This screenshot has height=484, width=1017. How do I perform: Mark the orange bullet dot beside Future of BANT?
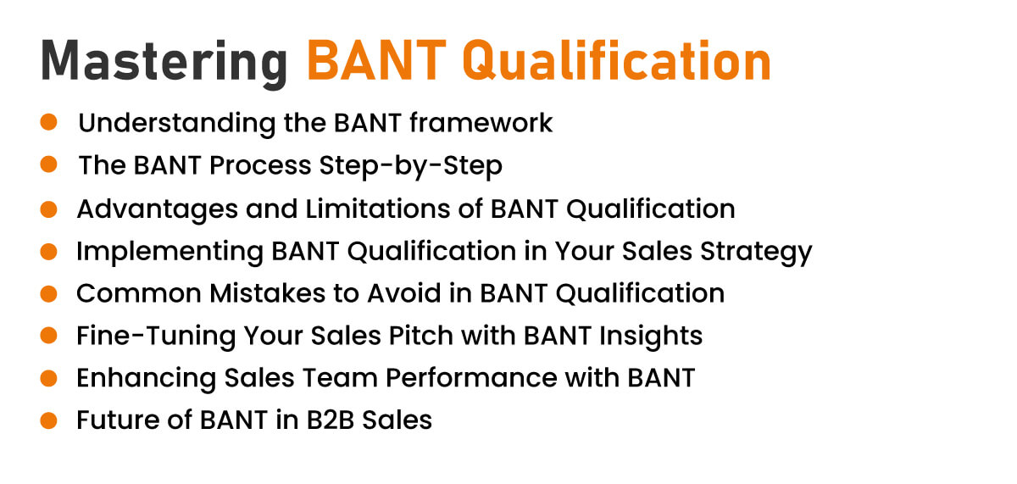click(x=48, y=420)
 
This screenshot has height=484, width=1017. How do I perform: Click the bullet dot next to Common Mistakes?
click(x=48, y=293)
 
